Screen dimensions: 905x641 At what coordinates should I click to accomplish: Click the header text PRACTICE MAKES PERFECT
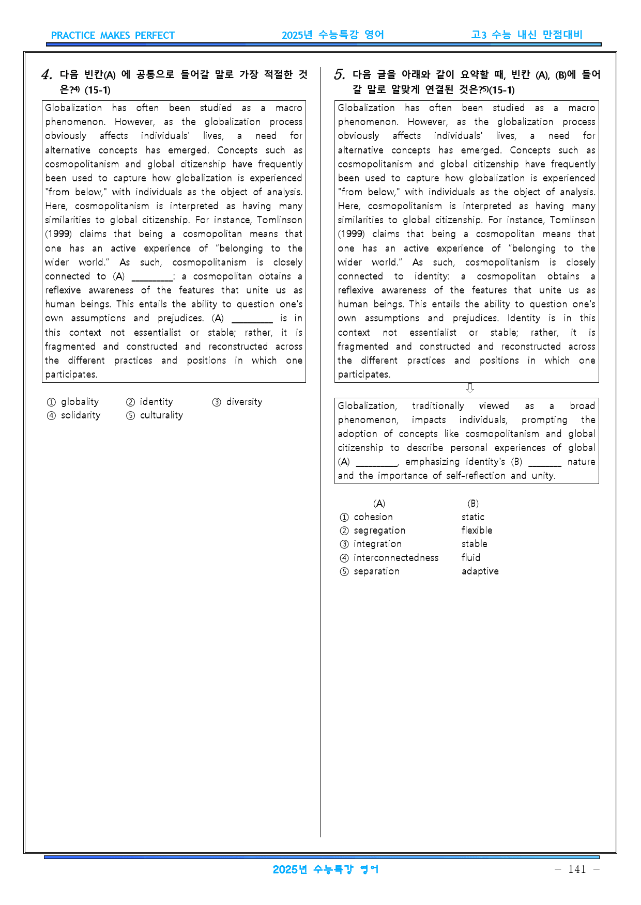(113, 36)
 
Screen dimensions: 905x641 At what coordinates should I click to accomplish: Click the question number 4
(47, 75)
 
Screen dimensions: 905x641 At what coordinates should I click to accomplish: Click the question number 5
(339, 75)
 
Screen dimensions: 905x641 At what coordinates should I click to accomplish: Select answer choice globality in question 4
(79, 402)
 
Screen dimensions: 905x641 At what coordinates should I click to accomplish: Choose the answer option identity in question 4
(156, 402)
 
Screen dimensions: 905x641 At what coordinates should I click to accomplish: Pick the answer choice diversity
(244, 402)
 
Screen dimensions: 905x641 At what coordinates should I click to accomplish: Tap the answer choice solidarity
(80, 415)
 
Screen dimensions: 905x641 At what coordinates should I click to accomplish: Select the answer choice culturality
(161, 415)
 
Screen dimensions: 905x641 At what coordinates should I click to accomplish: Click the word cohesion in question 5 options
(373, 517)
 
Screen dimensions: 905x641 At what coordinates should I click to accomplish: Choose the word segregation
(379, 530)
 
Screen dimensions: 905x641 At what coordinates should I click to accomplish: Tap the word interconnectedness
(396, 558)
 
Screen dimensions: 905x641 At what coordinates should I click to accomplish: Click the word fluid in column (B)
(471, 558)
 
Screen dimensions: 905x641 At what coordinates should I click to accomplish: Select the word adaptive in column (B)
(480, 571)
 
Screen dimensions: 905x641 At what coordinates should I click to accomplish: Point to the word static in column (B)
(472, 517)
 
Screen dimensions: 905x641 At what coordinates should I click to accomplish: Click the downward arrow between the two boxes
(470, 388)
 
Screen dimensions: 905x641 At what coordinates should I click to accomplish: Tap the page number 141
(577, 869)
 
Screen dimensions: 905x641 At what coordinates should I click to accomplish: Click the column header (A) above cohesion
(379, 504)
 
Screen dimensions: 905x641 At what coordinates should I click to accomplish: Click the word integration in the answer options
(377, 544)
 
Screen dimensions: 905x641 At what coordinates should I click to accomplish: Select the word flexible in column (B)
(477, 530)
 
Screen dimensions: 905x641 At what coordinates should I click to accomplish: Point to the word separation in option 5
(376, 571)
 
